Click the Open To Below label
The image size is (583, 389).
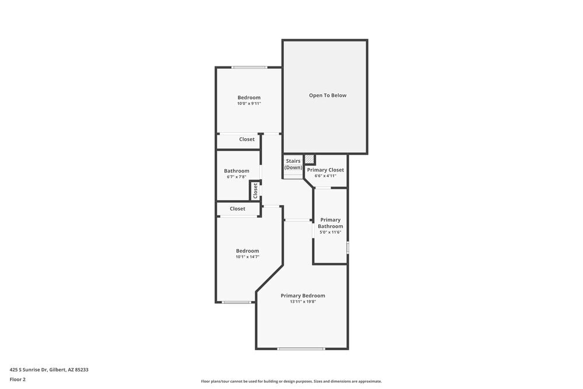click(328, 95)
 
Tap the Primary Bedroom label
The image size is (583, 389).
click(303, 296)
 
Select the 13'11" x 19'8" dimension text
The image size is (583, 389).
click(303, 302)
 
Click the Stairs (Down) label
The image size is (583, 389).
click(293, 164)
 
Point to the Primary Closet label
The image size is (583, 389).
click(325, 170)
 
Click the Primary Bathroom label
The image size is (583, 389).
click(330, 223)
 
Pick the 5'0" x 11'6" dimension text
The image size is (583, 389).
click(330, 232)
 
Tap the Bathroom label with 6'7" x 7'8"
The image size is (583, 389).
click(237, 171)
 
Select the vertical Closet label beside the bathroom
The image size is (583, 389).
click(255, 190)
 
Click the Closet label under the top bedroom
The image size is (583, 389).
click(247, 139)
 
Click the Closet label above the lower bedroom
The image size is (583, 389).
click(237, 209)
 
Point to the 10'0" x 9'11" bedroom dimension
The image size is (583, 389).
click(249, 104)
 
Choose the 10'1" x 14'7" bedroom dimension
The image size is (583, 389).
click(247, 257)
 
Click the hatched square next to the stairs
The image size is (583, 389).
click(310, 159)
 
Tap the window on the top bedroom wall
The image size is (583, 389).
click(250, 68)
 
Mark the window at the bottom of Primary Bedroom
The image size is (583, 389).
click(301, 349)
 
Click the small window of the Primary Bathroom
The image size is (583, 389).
click(347, 247)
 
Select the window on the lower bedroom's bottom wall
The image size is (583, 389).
click(237, 302)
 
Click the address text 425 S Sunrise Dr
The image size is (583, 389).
click(49, 369)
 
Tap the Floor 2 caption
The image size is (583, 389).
click(17, 379)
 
